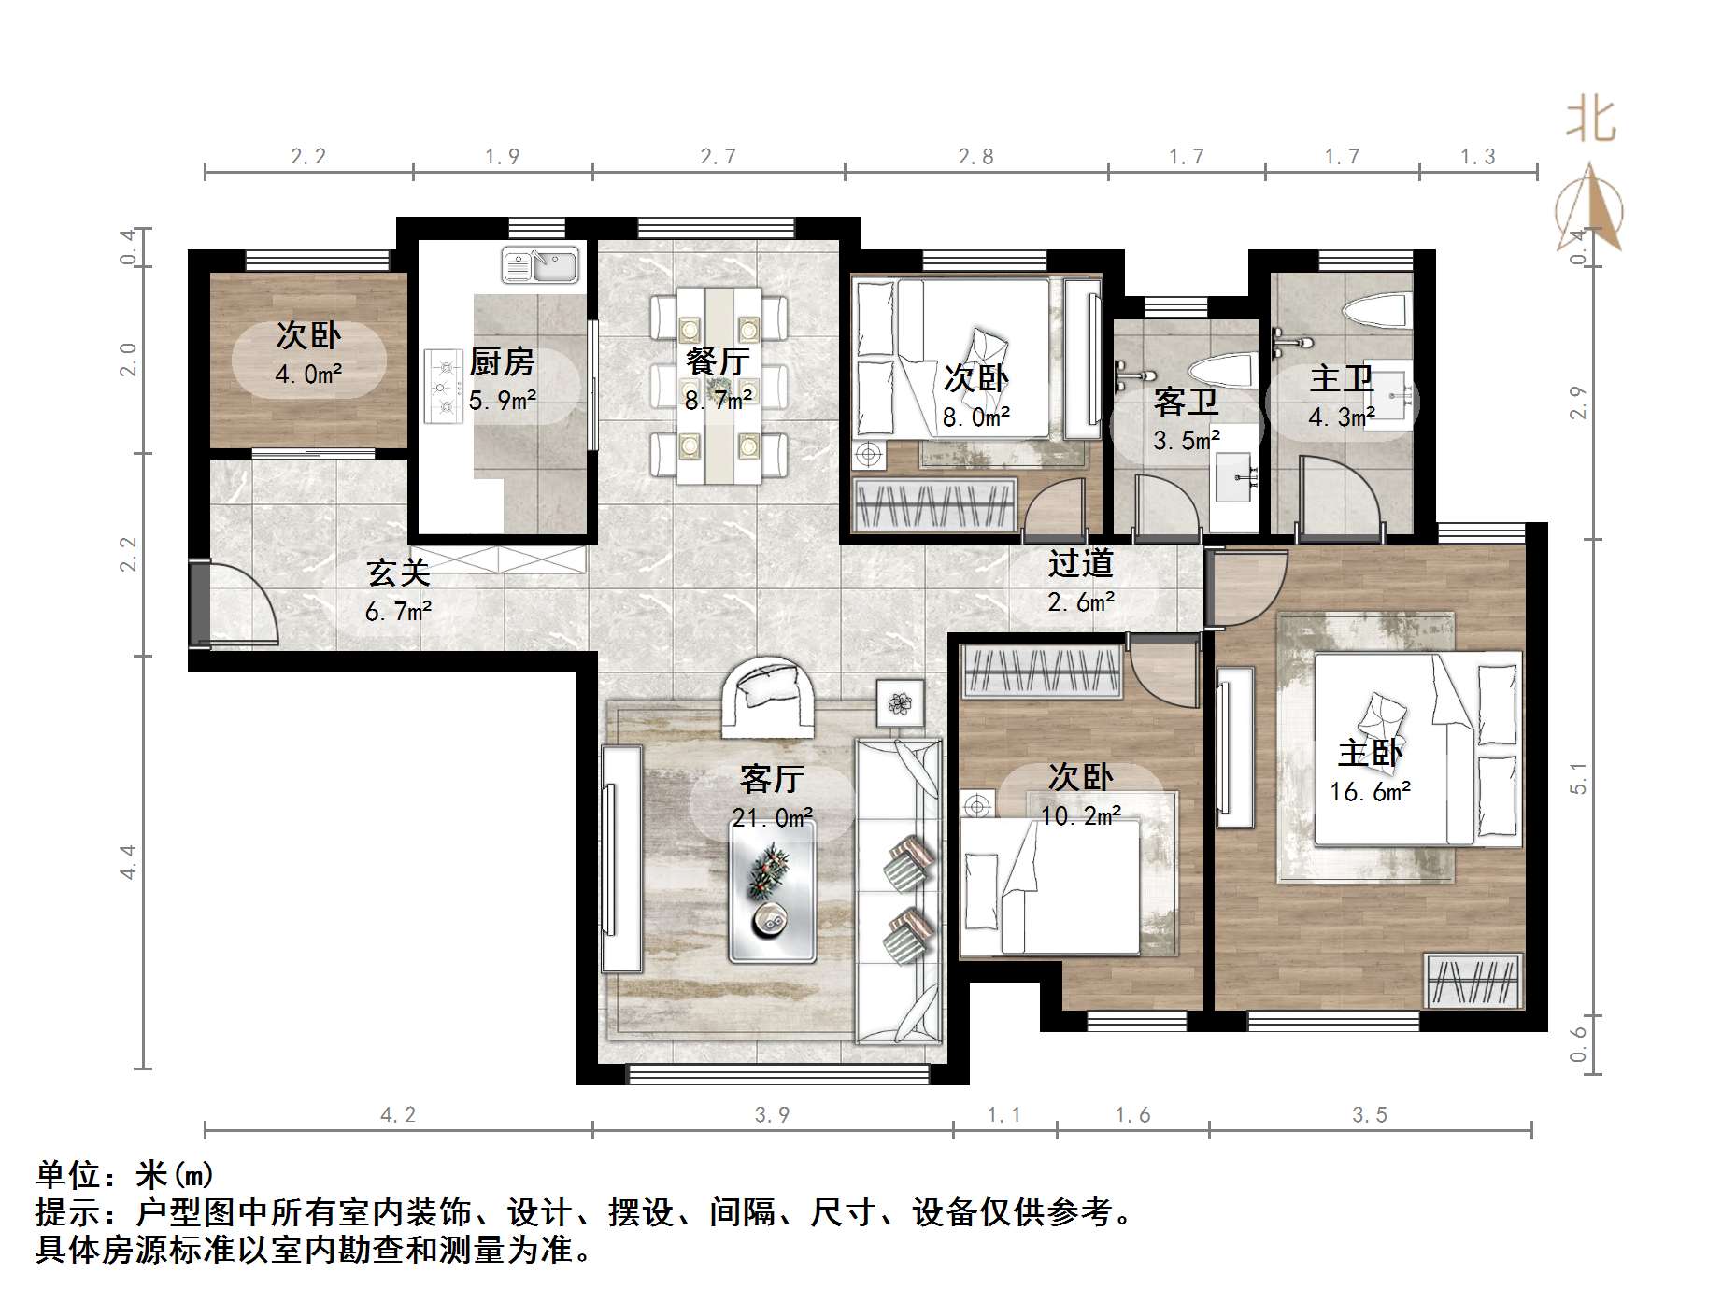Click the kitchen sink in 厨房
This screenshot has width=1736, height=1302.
coord(540,265)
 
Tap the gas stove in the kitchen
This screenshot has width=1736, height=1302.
coord(444,386)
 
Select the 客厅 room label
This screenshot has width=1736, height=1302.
coord(771,778)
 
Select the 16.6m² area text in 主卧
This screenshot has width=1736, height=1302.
coord(1370,793)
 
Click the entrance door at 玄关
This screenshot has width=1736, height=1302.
coord(201,602)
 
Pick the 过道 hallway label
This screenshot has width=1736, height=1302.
coord(1080,563)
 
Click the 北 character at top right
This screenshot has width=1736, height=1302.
coord(1590,121)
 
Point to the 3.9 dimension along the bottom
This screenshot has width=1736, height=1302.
coord(772,1114)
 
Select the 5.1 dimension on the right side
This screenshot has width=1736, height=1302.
coord(1578,777)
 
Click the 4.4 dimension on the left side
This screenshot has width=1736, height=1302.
coord(128,861)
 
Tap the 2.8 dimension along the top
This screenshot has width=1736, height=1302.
coord(975,157)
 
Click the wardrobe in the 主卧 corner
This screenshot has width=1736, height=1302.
coord(1473,981)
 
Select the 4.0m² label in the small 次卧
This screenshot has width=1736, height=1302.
coord(308,375)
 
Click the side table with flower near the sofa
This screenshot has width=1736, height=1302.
coord(900,703)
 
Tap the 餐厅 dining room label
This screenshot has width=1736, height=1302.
coord(717,361)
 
